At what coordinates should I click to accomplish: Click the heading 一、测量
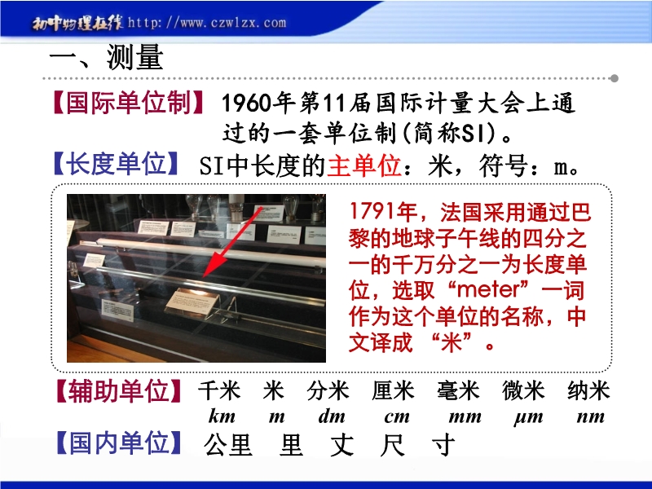[x=107, y=57]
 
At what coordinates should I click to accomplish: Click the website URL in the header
[x=207, y=22]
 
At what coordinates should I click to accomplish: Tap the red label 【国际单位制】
[x=129, y=103]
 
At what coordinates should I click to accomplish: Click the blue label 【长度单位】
[x=116, y=164]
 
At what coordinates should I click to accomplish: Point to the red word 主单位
[x=363, y=166]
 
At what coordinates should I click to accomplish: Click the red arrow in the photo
[x=232, y=242]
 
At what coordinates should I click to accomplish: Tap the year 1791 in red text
[x=372, y=212]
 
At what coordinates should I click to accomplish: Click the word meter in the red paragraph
[x=488, y=290]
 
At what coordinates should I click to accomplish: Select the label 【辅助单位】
[x=119, y=391]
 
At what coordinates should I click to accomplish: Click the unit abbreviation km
[x=222, y=416]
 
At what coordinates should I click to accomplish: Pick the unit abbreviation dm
[x=332, y=416]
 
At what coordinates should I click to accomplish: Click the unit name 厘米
[x=393, y=391]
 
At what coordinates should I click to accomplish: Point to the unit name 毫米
[x=458, y=391]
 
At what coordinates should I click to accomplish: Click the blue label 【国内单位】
[x=119, y=443]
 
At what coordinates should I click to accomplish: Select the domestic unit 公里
[x=228, y=444]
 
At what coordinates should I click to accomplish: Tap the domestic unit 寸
[x=443, y=444]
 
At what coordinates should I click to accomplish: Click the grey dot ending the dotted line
[x=614, y=78]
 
